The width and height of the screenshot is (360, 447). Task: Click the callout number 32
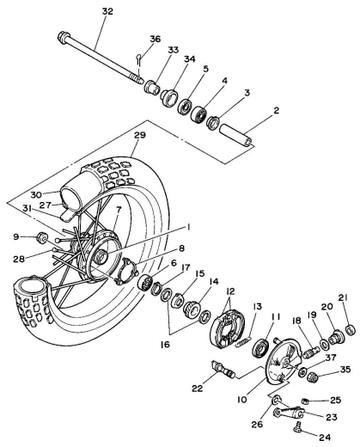107,11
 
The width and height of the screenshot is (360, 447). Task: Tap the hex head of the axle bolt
64,38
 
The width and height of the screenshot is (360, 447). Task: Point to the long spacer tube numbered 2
236,136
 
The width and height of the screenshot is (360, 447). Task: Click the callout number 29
140,135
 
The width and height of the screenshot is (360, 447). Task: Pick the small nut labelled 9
43,237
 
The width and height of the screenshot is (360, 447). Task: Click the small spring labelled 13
243,342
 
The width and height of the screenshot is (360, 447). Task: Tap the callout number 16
165,344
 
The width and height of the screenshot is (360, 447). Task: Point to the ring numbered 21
351,329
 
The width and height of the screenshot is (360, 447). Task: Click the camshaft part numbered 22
223,369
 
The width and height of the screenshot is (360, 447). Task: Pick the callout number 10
242,400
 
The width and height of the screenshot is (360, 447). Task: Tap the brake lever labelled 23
289,413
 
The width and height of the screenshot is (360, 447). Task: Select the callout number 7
119,210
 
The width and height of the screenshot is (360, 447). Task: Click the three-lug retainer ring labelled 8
126,271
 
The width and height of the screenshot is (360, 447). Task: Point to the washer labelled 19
324,344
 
